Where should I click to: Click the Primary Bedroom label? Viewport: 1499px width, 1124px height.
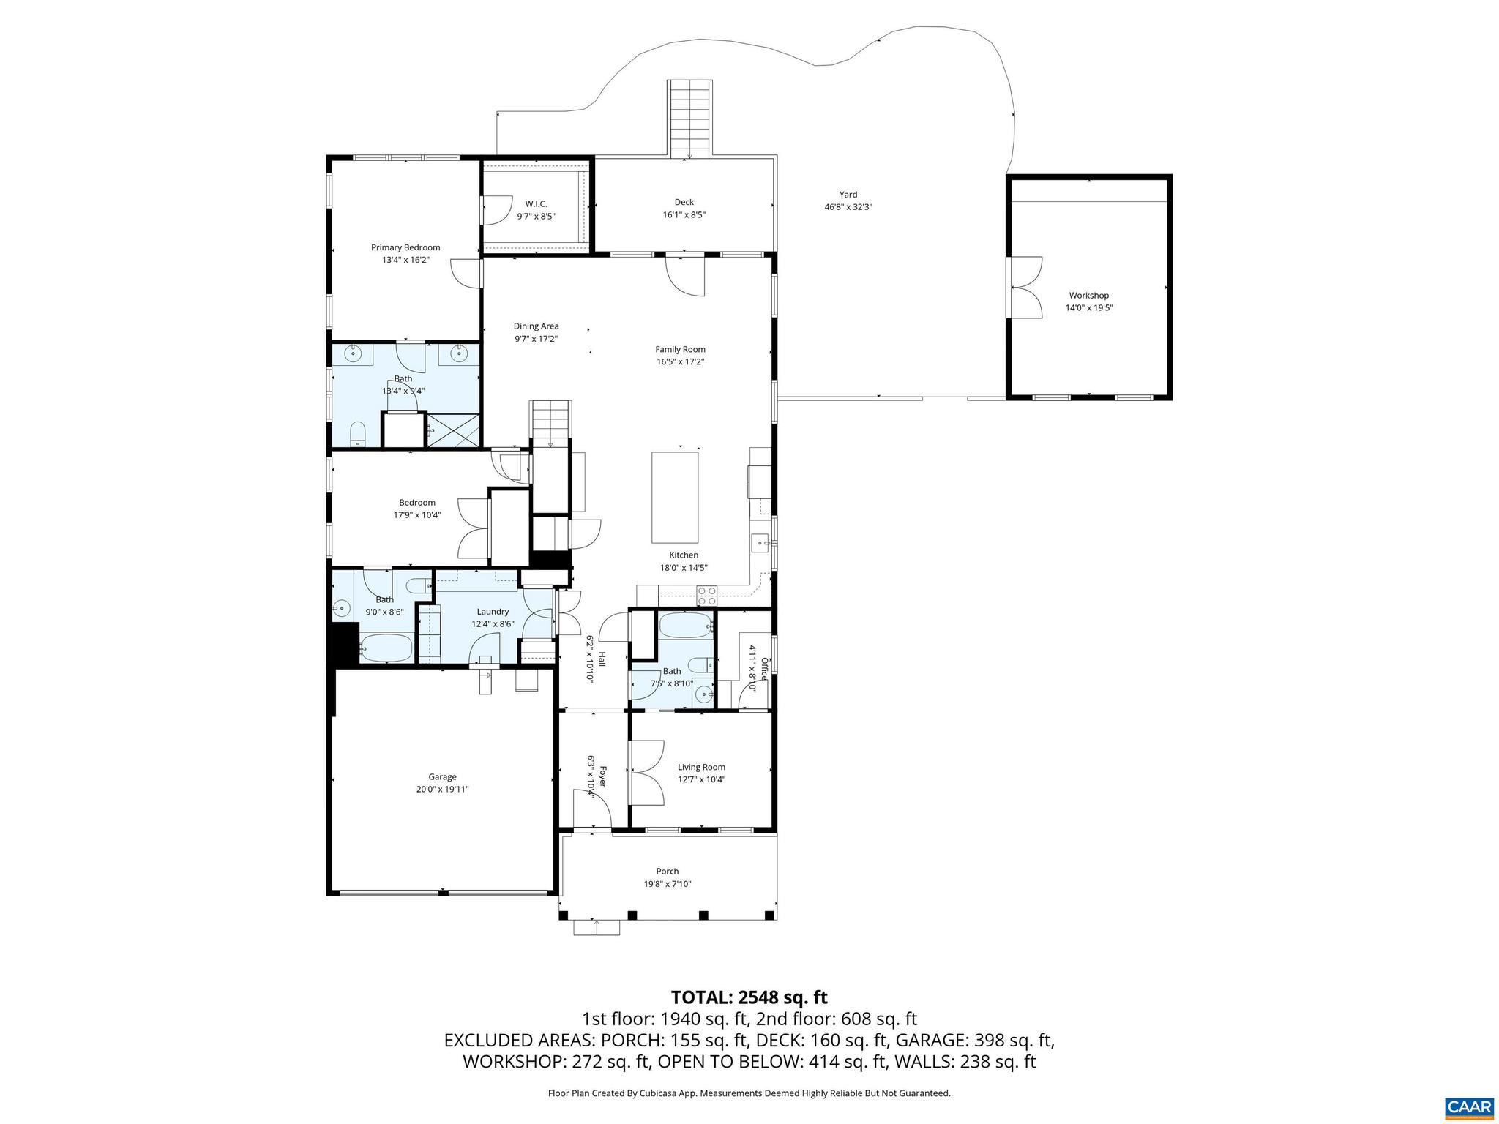point(405,247)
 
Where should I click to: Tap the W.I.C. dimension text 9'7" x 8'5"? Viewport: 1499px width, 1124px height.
point(536,217)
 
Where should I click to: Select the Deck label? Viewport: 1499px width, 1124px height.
point(684,202)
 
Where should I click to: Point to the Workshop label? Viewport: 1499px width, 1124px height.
point(1088,296)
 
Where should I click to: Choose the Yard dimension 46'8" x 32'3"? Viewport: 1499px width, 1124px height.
point(848,207)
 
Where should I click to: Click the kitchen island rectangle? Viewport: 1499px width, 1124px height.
point(675,497)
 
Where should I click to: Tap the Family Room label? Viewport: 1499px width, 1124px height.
point(680,349)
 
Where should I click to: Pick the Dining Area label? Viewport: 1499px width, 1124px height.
point(536,326)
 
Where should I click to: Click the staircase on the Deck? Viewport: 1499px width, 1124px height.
point(689,117)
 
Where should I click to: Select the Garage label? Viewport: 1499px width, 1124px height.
point(442,777)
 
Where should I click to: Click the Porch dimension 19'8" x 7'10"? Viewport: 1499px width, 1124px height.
point(667,884)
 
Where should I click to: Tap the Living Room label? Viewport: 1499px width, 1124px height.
point(701,767)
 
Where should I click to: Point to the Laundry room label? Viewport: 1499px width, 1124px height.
point(493,612)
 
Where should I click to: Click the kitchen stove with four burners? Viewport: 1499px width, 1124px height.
point(706,596)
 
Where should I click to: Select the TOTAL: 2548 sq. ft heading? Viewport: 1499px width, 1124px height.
point(749,997)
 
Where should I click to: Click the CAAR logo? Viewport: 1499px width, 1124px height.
point(1469,1107)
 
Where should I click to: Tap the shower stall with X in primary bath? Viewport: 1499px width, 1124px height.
point(454,430)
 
